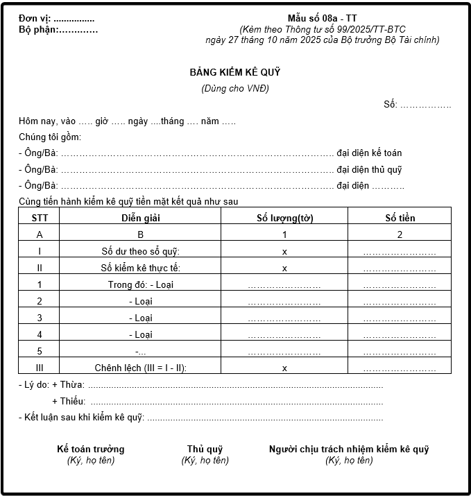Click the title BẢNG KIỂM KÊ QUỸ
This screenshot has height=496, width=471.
(235, 72)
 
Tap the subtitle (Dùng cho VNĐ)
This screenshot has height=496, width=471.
(235, 89)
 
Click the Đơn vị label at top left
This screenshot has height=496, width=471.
(35, 18)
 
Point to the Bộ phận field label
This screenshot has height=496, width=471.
(38, 29)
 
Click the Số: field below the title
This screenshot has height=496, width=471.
(417, 105)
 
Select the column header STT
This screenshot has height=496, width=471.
(40, 218)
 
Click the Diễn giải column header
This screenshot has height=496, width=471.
(140, 218)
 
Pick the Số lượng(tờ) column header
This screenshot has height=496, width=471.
(284, 218)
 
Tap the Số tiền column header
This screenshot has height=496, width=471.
(400, 218)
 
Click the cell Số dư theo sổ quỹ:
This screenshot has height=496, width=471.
(140, 251)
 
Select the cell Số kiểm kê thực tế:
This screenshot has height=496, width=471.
(140, 268)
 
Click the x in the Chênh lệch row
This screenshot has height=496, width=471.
(284, 368)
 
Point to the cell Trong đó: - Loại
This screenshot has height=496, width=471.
(140, 284)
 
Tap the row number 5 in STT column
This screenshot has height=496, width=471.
(40, 351)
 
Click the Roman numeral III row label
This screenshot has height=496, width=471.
(40, 368)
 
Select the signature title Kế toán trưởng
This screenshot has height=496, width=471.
(90, 449)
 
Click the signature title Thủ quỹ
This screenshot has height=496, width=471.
(205, 449)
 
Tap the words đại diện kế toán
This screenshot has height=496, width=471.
(369, 153)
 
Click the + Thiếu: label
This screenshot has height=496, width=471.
(68, 401)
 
